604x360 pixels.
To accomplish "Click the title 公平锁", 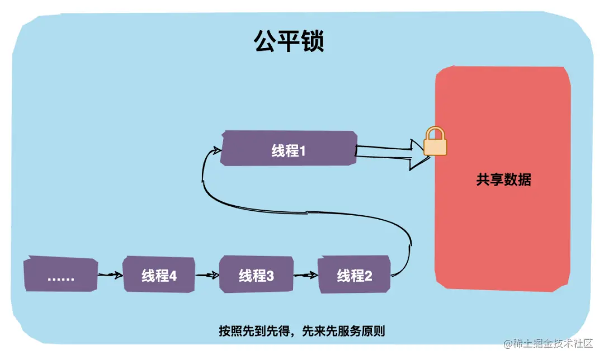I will [289, 41].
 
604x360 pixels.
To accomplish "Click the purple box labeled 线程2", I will [354, 275].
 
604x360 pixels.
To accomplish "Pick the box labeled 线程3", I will [257, 275].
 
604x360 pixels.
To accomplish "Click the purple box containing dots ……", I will [61, 276].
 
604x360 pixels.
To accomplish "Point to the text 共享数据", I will [503, 180].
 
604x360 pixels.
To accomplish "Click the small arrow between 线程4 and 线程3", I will [206, 275].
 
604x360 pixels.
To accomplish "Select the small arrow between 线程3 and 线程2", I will [305, 275].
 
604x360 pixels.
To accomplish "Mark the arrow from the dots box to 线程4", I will [110, 275].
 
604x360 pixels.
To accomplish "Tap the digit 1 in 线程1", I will [302, 150].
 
